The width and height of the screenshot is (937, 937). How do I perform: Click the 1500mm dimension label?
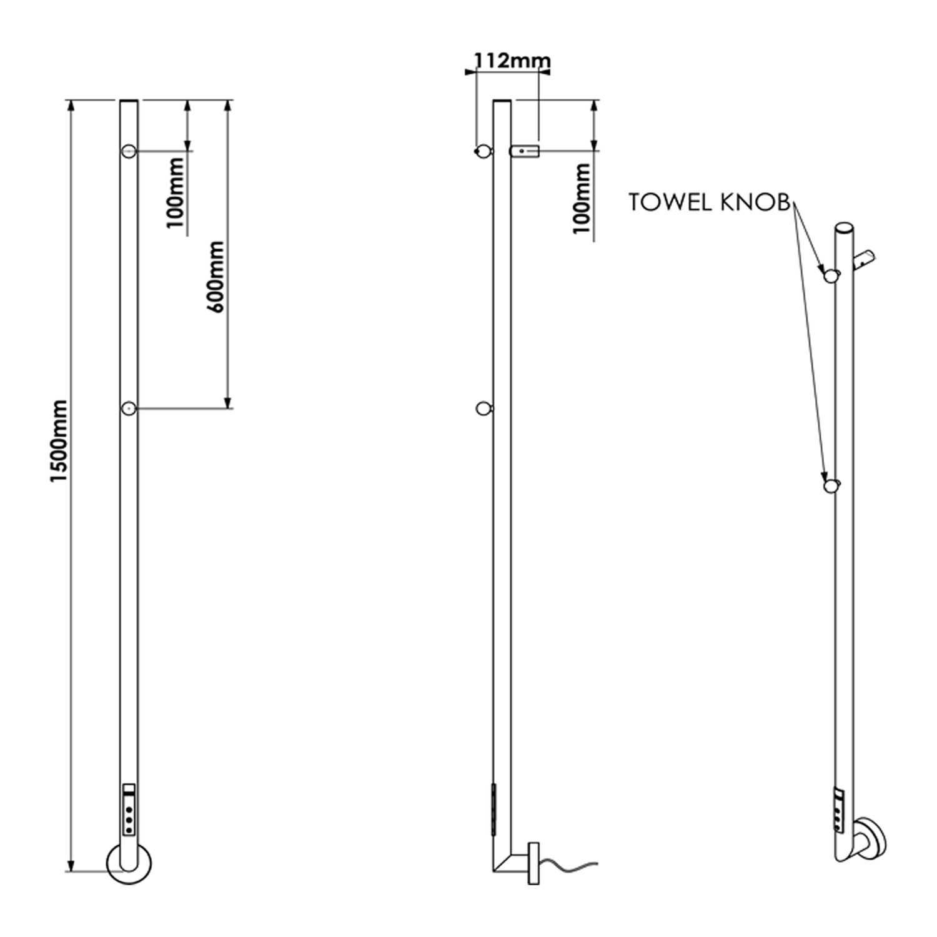59,441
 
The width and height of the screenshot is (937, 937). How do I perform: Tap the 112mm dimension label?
512,61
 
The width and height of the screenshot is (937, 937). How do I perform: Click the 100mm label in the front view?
176,192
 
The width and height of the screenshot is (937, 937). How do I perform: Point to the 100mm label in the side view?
582,199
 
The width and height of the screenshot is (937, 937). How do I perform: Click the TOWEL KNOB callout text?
709,202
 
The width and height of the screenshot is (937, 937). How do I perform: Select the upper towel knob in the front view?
129,151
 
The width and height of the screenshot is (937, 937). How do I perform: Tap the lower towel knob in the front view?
129,409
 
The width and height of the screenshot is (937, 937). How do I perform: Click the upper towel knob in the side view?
483,151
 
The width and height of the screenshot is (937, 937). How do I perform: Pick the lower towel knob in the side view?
483,409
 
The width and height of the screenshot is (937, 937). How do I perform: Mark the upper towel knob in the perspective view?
830,275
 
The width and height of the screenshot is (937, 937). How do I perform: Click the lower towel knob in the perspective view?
830,485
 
